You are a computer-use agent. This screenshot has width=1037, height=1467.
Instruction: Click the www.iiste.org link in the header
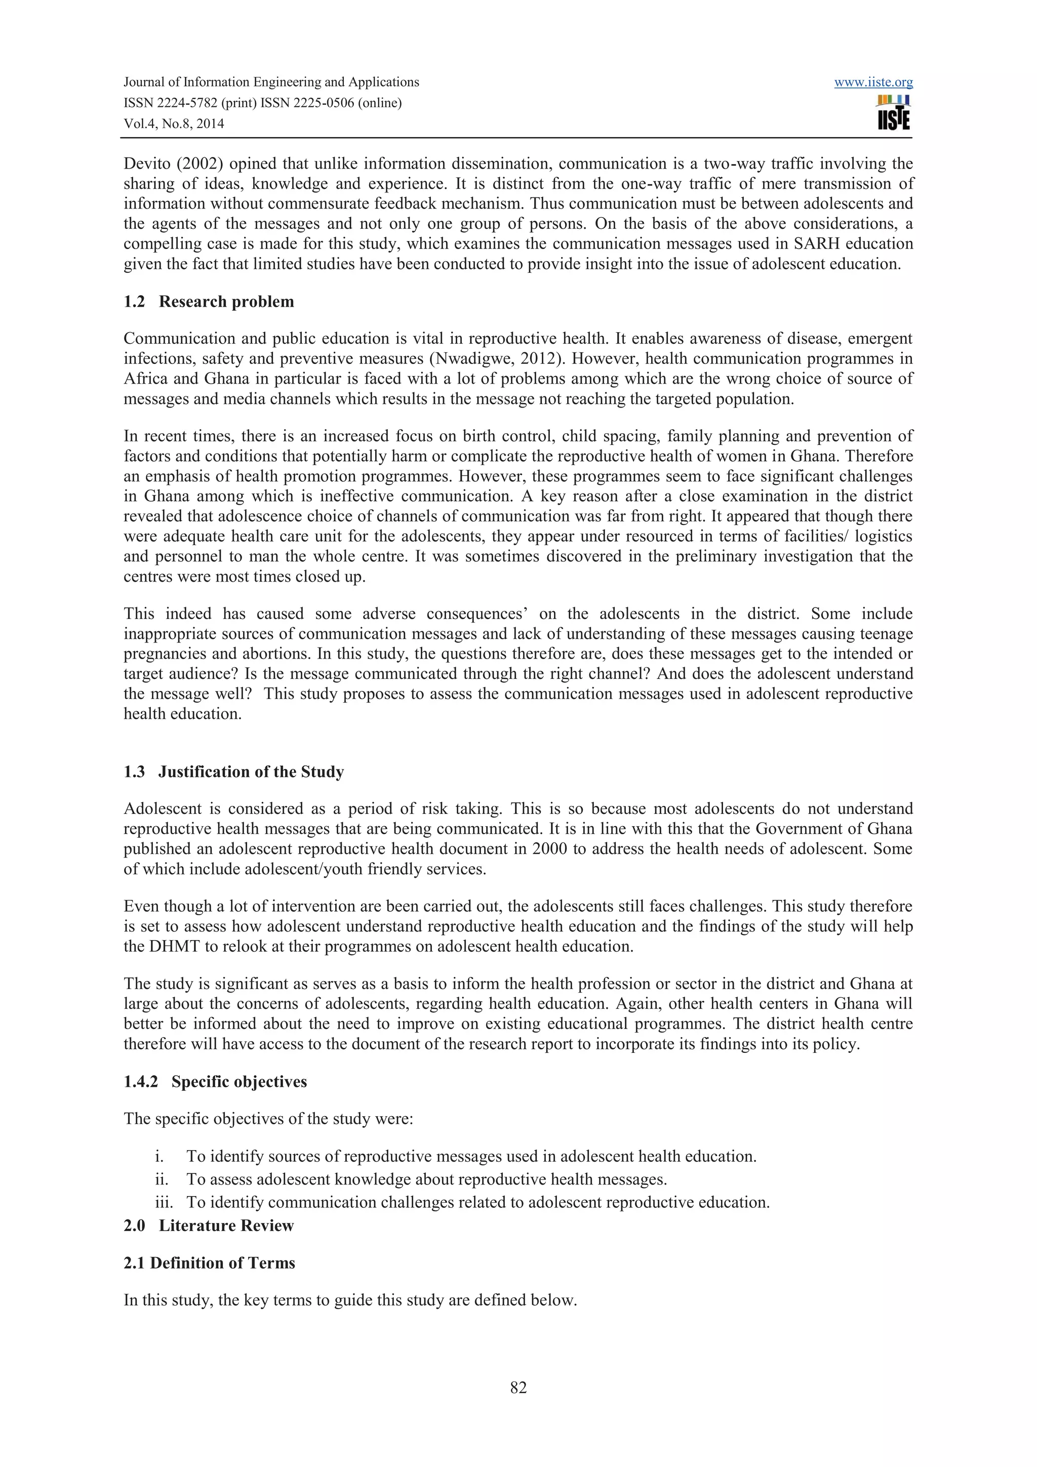[873, 83]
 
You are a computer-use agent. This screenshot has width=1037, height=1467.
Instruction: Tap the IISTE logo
[894, 112]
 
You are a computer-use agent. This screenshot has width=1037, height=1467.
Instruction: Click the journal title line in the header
[271, 82]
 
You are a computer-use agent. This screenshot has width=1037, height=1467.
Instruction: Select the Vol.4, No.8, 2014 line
[174, 124]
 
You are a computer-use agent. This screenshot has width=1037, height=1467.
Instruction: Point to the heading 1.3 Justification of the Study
[233, 772]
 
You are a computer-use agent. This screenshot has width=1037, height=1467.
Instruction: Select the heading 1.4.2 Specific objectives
[215, 1082]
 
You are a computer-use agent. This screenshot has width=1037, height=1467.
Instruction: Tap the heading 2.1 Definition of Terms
[209, 1263]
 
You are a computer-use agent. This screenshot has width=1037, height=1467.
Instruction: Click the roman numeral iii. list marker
[164, 1202]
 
